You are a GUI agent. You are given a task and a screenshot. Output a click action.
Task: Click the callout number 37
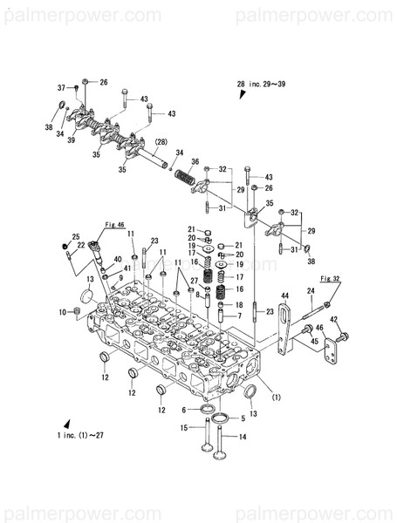62,88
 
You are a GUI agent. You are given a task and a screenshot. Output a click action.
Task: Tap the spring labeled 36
184,179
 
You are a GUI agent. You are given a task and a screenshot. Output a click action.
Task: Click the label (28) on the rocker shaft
161,141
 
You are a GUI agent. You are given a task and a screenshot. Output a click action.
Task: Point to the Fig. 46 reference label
114,224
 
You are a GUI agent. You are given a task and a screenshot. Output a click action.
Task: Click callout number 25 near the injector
76,237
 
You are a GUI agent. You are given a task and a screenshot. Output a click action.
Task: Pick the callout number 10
63,312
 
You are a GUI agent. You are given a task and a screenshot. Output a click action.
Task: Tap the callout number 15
185,427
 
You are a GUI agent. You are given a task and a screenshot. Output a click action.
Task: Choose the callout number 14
243,436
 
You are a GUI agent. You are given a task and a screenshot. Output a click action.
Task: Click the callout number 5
243,418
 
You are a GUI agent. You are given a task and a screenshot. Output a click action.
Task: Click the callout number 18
238,305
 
